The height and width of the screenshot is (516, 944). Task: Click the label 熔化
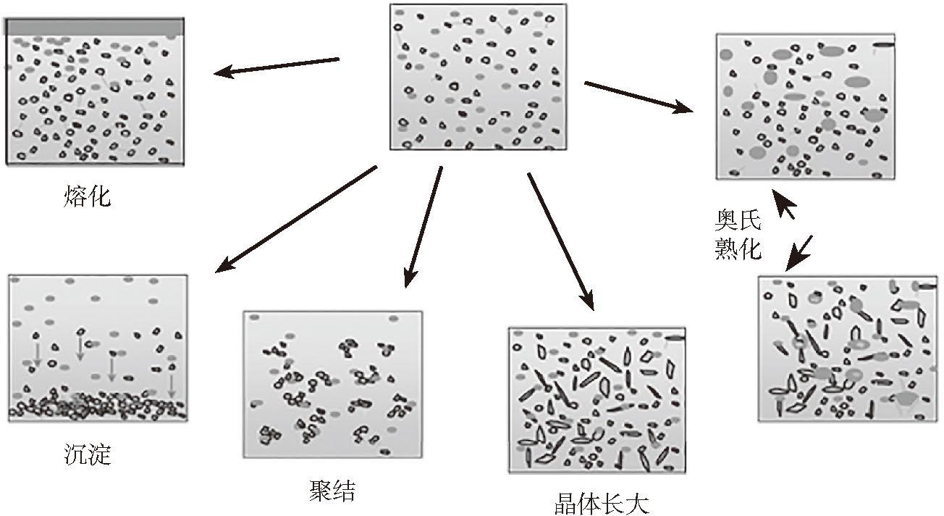87,196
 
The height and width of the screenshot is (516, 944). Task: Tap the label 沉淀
87,454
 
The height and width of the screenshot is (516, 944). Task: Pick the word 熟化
738,249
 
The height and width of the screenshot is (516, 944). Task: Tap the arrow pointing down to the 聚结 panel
424,225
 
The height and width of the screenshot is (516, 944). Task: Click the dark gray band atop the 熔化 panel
93,26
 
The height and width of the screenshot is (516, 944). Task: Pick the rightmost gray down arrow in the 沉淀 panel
172,384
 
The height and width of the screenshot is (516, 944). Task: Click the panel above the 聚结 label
332,384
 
